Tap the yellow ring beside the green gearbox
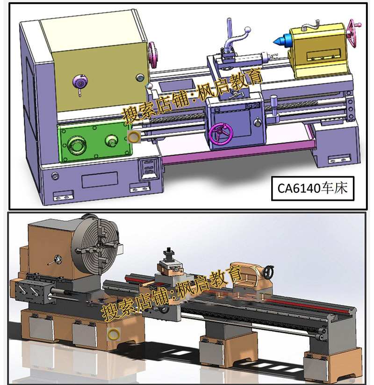pyautogui.click(x=134, y=136)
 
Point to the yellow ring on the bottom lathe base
pyautogui.click(x=113, y=334)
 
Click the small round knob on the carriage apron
pyautogui.click(x=257, y=122)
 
